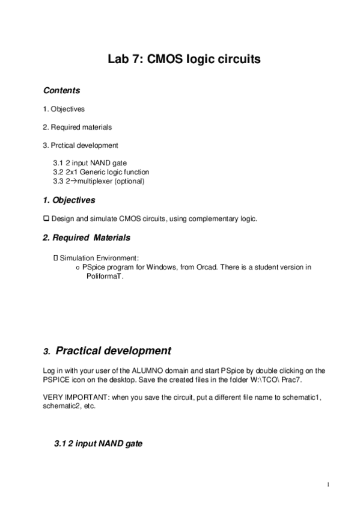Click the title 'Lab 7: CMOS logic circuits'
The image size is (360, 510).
point(183,60)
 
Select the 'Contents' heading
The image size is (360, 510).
point(61,90)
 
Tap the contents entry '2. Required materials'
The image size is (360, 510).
point(77,127)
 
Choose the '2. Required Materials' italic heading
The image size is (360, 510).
point(86,238)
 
